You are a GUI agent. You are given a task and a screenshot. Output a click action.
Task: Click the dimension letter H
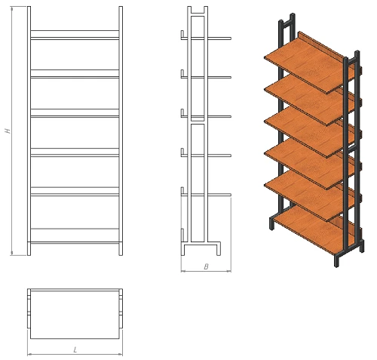click(8, 131)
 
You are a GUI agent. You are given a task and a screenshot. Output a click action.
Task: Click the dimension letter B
click(206, 266)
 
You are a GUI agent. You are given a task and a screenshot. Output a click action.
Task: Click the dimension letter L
click(75, 349)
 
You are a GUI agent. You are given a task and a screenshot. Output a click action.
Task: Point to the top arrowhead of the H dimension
click(11, 8)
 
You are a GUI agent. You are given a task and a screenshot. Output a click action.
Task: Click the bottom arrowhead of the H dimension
click(11, 253)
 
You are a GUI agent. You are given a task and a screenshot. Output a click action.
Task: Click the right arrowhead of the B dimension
click(228, 271)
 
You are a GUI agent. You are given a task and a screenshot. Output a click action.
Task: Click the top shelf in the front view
click(75, 38)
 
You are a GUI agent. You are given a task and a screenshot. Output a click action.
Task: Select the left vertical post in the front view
click(29, 131)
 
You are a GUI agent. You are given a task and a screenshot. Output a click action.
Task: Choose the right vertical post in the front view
click(121, 131)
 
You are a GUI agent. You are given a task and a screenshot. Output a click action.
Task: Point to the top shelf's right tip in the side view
click(231, 38)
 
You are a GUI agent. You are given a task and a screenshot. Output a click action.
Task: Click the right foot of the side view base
click(219, 249)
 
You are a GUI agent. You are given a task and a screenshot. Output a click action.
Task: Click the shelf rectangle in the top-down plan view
click(75, 315)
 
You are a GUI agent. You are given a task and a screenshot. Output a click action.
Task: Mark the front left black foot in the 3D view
click(271, 223)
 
